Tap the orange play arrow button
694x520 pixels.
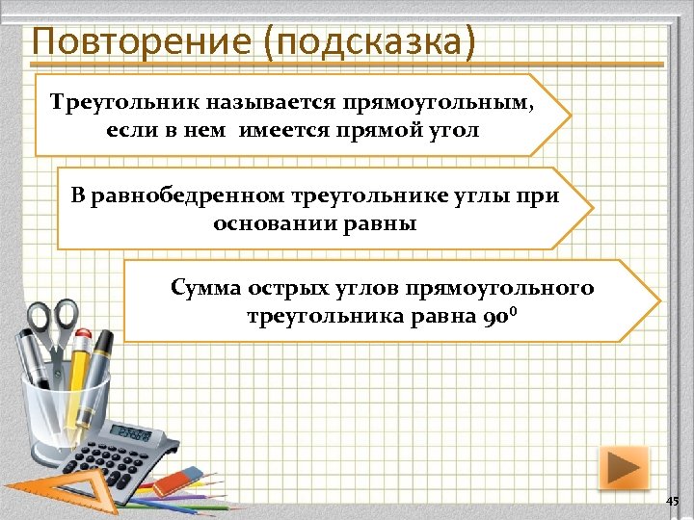(624, 468)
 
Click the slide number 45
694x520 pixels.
(672, 502)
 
